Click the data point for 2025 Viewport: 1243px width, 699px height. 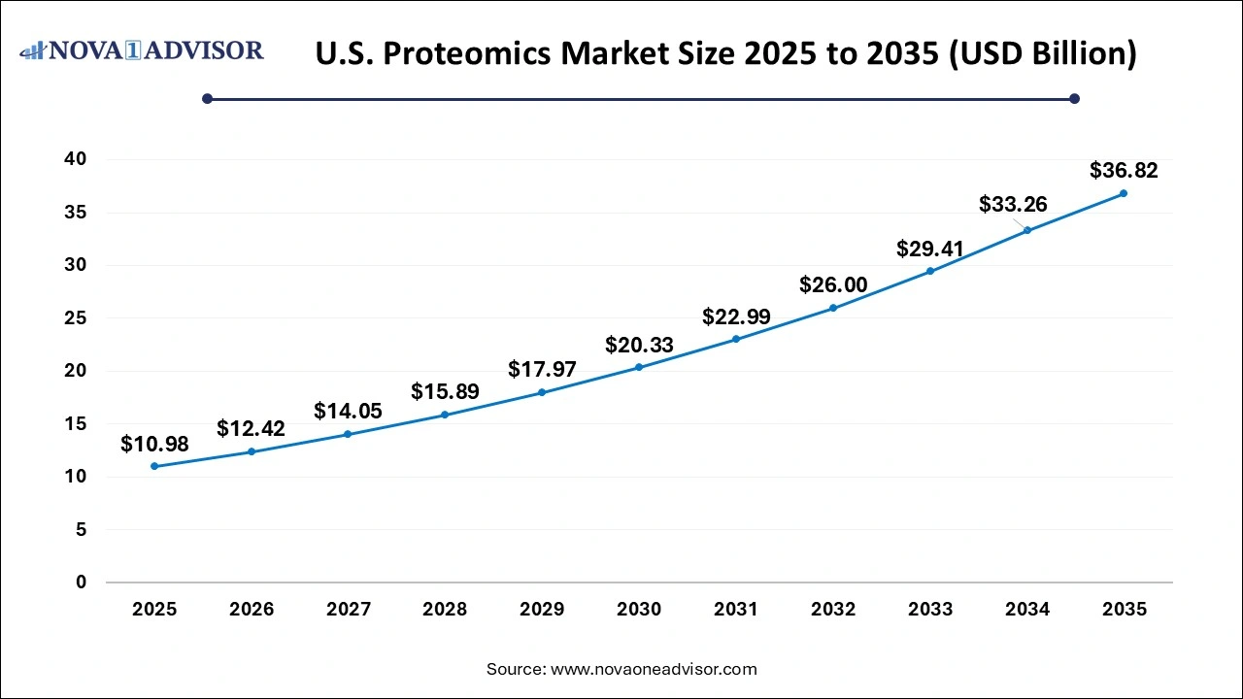[154, 466]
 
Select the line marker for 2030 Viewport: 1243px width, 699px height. [639, 367]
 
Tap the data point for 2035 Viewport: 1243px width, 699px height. [1124, 193]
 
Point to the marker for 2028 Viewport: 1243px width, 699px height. [445, 415]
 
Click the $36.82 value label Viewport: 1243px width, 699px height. [1124, 171]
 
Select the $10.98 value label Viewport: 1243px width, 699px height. [154, 444]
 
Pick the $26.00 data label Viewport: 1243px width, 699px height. [833, 284]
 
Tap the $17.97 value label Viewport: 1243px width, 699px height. [542, 369]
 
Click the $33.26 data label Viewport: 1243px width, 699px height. [1013, 204]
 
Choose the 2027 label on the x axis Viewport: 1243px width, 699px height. [348, 610]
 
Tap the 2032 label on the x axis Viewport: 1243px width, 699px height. [833, 610]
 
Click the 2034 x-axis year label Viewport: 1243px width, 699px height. [1027, 610]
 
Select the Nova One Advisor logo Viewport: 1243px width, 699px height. [141, 50]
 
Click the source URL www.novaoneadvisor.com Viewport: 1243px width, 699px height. [654, 669]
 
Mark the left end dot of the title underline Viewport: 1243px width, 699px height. [207, 98]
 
